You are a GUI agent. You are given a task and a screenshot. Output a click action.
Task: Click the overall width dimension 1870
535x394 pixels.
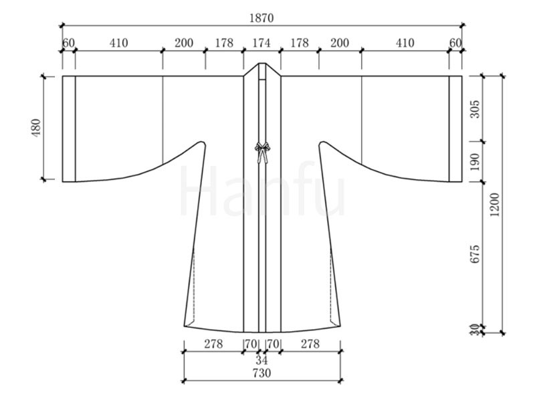click(261, 18)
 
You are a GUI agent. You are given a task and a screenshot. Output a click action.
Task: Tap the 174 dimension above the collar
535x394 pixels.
click(261, 43)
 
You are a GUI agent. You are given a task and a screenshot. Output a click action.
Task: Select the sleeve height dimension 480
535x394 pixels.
click(36, 128)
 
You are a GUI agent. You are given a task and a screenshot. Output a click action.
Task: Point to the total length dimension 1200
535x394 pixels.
click(494, 205)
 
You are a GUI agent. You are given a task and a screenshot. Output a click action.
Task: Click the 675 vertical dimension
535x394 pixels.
click(475, 254)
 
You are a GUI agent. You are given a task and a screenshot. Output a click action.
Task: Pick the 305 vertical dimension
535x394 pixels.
click(475, 109)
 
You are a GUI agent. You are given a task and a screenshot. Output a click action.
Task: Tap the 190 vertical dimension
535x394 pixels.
click(475, 162)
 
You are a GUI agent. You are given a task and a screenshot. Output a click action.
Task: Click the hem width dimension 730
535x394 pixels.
click(261, 373)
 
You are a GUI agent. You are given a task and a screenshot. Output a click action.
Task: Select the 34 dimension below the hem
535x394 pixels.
click(261, 360)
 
